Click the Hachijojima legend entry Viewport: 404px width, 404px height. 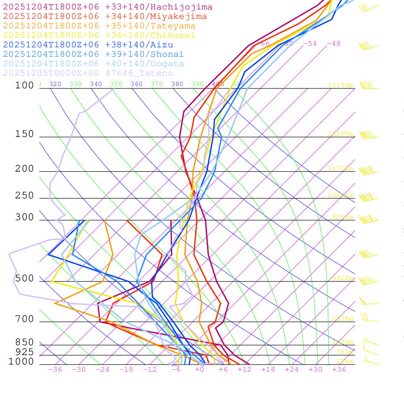(107, 7)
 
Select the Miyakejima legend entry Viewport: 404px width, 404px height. (105, 17)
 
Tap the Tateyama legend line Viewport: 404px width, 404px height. (99, 26)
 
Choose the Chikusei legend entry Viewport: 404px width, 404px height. (99, 36)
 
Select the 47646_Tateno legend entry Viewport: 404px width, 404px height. (88, 73)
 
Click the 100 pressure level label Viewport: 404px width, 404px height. (24, 86)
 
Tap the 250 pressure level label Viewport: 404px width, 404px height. (24, 196)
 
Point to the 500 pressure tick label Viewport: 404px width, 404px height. (24, 279)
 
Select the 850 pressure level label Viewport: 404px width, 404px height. (24, 342)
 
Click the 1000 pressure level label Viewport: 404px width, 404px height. (21, 361)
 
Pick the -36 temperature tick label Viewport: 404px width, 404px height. (55, 369)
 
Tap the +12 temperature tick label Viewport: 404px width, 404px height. (244, 369)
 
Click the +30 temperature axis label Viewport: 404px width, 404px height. (315, 369)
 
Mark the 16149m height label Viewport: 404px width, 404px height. (340, 85)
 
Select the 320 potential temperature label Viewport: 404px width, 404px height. (55, 84)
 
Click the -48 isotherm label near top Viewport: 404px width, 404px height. (333, 43)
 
